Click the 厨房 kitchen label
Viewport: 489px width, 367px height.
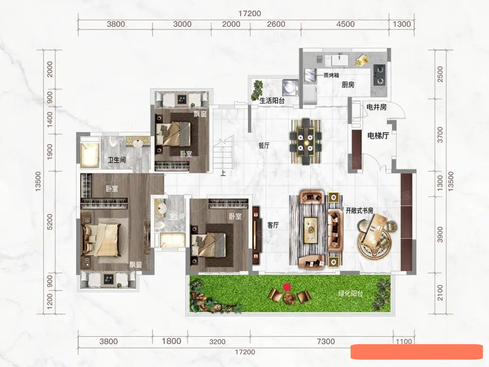(348, 85)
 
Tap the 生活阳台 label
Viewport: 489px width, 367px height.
(272, 101)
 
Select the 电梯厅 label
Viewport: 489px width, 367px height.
(378, 136)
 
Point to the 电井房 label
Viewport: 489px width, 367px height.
(376, 107)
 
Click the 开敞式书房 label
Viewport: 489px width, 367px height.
(359, 211)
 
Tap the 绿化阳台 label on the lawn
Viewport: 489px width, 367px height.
(351, 293)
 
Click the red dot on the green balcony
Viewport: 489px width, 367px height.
(287, 287)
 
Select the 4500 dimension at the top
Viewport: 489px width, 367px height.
(345, 24)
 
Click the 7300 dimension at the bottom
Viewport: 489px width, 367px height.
(326, 341)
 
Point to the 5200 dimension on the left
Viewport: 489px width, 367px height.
(50, 222)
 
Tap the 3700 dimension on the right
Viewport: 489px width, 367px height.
(440, 135)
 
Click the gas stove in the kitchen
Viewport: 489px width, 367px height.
(379, 75)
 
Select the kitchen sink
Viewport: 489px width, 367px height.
(337, 60)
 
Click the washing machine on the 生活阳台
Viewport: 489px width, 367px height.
(290, 87)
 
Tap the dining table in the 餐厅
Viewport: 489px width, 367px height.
(305, 142)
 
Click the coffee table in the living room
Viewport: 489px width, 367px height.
(311, 230)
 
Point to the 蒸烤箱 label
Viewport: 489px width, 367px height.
(331, 75)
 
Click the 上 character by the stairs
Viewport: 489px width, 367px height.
(223, 173)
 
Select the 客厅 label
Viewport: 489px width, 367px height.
(273, 225)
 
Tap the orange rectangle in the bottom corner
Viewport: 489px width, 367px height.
(417, 352)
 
